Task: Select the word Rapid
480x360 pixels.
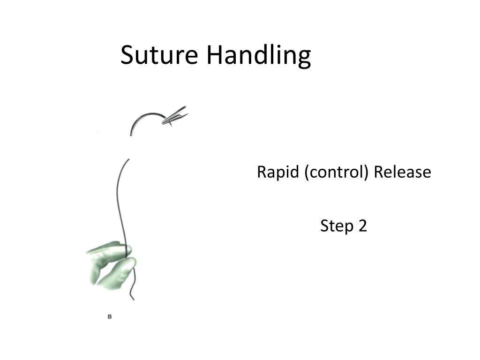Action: (x=277, y=172)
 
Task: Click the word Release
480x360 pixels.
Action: (x=402, y=172)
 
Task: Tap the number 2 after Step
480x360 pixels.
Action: (x=362, y=225)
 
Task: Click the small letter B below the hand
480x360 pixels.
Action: (x=110, y=316)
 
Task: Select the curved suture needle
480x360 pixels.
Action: (x=144, y=116)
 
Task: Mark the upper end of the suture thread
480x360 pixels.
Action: (x=128, y=159)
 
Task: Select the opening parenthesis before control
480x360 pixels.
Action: (x=307, y=172)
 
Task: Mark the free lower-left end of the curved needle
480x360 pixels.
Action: (x=131, y=135)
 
